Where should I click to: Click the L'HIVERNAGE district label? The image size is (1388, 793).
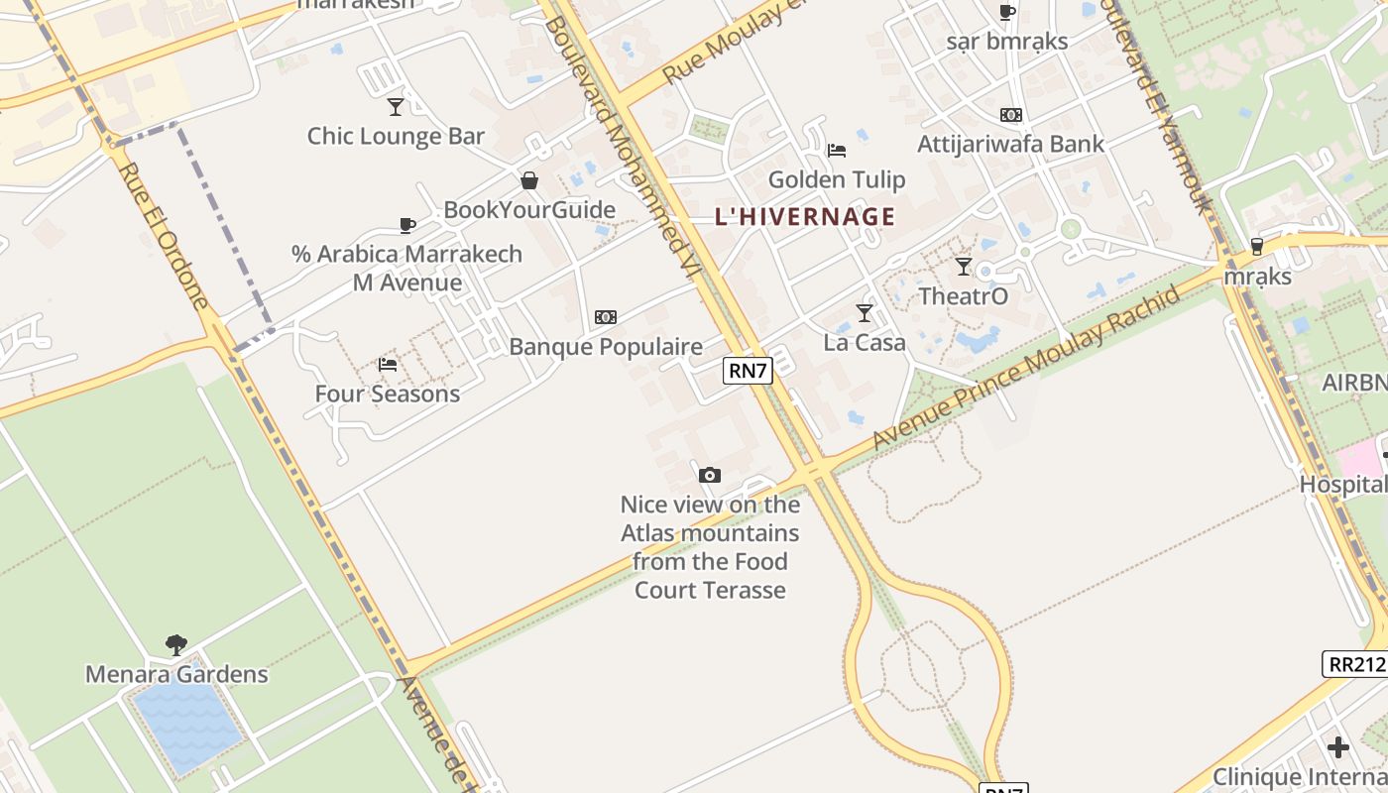804,216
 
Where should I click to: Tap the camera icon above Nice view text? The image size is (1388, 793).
709,476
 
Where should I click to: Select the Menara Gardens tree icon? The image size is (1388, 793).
176,645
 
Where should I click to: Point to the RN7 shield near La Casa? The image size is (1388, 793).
748,371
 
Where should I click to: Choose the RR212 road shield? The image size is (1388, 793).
1355,664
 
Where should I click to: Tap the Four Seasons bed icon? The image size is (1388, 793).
388,365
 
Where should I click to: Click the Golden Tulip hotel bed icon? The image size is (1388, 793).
837,151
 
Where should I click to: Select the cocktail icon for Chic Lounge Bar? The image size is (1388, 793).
396,106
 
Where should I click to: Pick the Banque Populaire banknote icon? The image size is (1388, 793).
606,317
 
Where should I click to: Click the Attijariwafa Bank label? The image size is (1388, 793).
1010,144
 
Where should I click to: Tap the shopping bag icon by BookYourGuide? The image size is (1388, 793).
529,180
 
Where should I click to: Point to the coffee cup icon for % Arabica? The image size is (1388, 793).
406,225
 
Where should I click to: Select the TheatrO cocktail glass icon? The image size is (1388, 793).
963,266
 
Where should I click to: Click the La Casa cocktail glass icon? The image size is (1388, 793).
865,313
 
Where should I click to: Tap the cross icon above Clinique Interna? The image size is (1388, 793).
1338,746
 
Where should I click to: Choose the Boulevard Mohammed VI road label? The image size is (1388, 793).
623,144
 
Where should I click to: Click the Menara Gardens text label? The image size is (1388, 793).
176,675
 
